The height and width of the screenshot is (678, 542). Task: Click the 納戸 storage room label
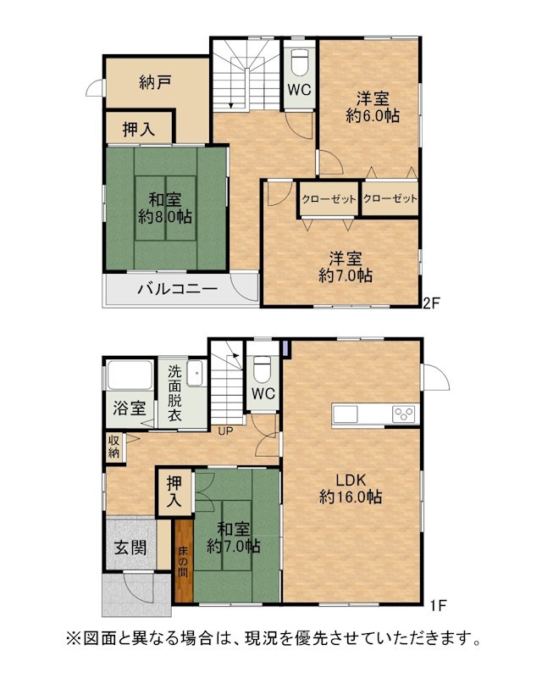(155, 82)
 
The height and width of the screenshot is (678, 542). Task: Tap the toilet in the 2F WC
(299, 62)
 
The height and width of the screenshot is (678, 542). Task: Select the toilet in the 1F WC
(262, 369)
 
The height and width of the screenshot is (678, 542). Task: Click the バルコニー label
(177, 289)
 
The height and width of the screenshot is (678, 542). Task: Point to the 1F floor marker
(438, 605)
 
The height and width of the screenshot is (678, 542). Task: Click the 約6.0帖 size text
(373, 116)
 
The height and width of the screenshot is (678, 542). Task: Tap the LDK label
(351, 480)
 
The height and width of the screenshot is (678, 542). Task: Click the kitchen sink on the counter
(346, 414)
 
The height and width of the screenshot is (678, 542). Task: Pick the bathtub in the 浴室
(130, 375)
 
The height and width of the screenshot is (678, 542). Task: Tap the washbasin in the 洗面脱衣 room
(195, 373)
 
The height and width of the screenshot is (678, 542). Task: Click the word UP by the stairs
(225, 431)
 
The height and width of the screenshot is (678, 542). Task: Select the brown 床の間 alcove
(184, 560)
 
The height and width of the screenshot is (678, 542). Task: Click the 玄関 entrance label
(130, 547)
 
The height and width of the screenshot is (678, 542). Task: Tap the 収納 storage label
(113, 447)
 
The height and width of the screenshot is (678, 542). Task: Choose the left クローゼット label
(329, 199)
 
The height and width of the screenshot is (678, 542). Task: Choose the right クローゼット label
(390, 198)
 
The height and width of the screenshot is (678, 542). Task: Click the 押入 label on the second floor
(139, 129)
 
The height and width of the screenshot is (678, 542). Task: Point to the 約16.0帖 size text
(351, 497)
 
